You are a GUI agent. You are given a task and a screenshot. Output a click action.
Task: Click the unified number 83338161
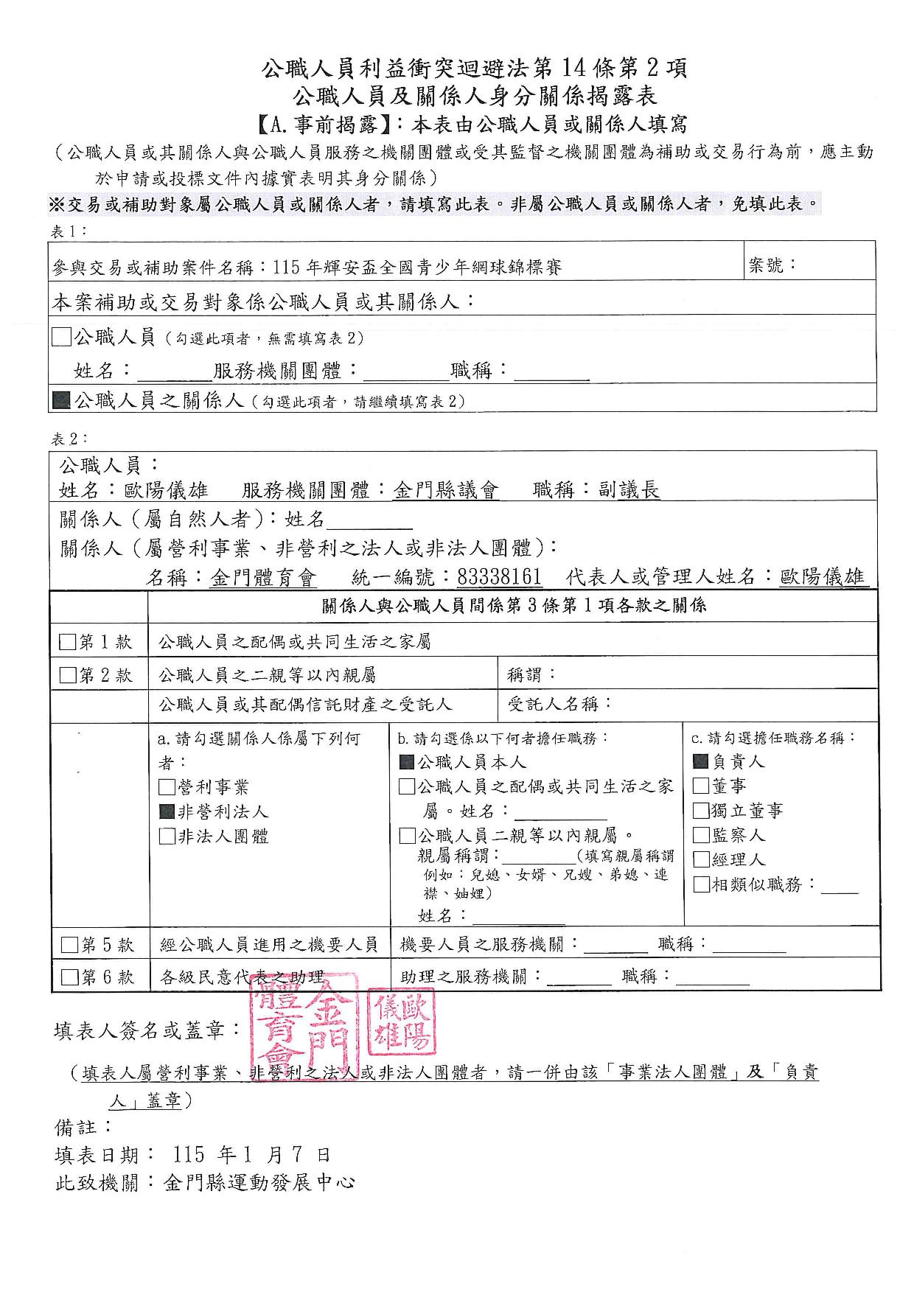click(x=499, y=577)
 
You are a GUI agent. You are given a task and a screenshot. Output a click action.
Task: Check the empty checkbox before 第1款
click(x=67, y=643)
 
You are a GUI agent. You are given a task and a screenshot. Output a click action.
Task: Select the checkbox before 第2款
click(x=67, y=675)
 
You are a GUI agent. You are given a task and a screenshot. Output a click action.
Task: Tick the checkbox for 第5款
click(x=69, y=945)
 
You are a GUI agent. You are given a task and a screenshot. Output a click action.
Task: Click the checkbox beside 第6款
click(x=69, y=977)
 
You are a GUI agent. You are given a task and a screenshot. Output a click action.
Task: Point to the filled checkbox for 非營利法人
click(x=167, y=812)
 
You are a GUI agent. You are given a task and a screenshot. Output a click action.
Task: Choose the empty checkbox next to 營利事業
click(x=167, y=787)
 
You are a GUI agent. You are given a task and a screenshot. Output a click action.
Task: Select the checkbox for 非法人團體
click(x=167, y=837)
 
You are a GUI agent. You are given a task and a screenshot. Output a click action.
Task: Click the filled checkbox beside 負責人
click(x=701, y=761)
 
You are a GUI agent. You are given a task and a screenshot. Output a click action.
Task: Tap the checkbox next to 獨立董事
click(x=701, y=811)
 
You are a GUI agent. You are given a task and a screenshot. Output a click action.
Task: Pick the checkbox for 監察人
click(x=701, y=835)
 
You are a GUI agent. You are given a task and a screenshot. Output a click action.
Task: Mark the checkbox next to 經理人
click(x=701, y=859)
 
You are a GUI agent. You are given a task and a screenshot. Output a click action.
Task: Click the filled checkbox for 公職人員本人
click(x=407, y=762)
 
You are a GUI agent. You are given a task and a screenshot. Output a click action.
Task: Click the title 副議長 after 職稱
click(x=629, y=490)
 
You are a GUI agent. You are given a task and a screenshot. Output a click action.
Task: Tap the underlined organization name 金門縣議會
click(x=446, y=490)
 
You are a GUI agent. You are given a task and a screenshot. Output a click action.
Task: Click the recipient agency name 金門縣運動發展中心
click(x=259, y=1183)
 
